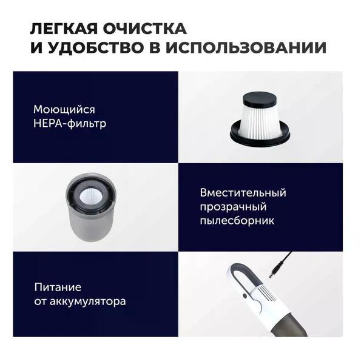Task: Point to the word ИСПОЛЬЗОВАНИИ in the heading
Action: (x=246, y=47)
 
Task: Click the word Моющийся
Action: (x=64, y=110)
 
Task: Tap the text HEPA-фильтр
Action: (x=70, y=123)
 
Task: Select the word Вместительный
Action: (x=243, y=193)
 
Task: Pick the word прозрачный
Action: (x=233, y=207)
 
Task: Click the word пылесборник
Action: (x=237, y=220)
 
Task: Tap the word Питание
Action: (x=58, y=288)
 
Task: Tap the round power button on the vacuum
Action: (x=244, y=296)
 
